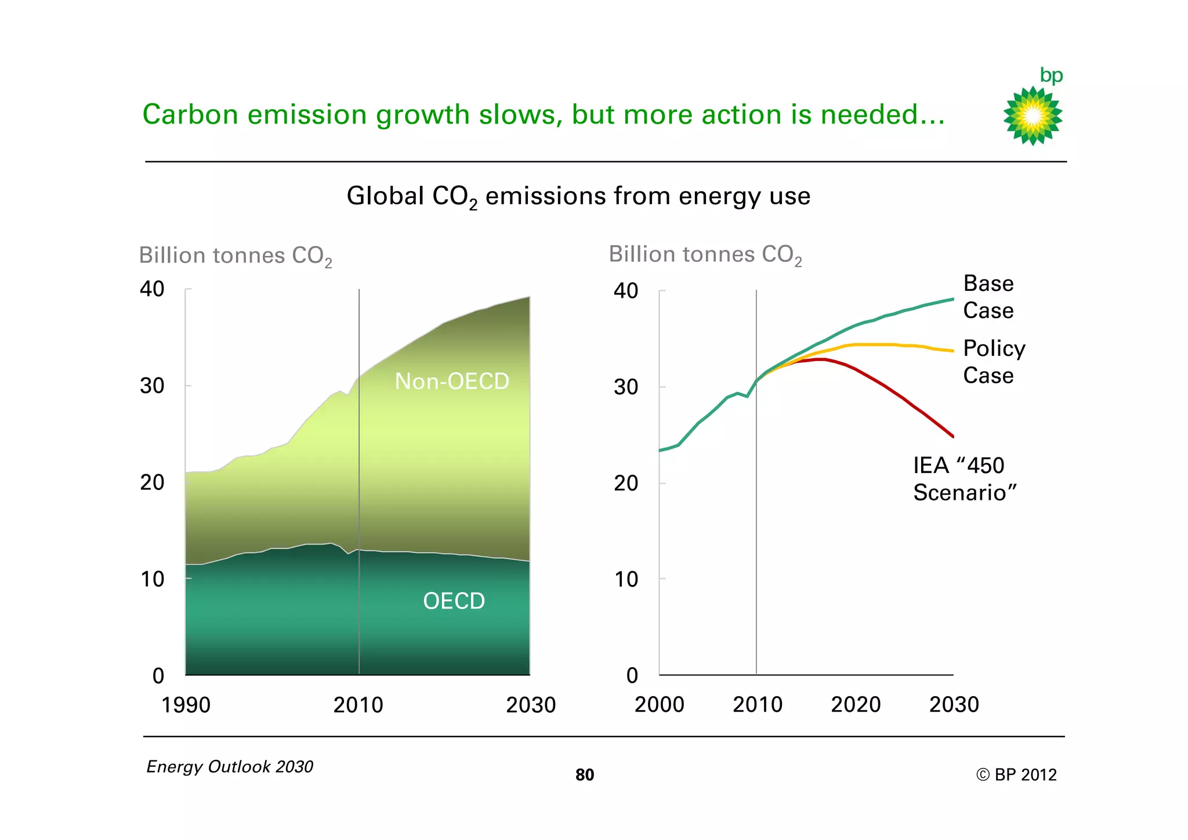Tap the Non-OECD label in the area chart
coord(452,381)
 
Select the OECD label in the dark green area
coord(454,601)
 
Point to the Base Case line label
coord(988,297)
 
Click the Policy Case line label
coord(994,362)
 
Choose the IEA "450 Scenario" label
coord(964,479)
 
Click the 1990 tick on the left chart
coord(186,705)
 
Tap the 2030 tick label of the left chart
coord(530,705)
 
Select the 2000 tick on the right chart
coord(659,704)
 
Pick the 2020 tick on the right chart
coord(856,704)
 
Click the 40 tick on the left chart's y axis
coord(152,289)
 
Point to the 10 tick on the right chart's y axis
coord(626,579)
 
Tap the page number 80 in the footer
coord(585,775)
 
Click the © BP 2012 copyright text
coord(1016,775)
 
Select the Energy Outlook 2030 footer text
coord(230,767)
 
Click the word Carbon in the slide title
coord(190,114)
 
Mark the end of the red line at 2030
coord(952,436)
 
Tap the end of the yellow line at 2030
coord(952,351)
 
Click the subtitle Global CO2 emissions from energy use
coord(578,196)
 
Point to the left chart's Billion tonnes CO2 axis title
coord(236,256)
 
